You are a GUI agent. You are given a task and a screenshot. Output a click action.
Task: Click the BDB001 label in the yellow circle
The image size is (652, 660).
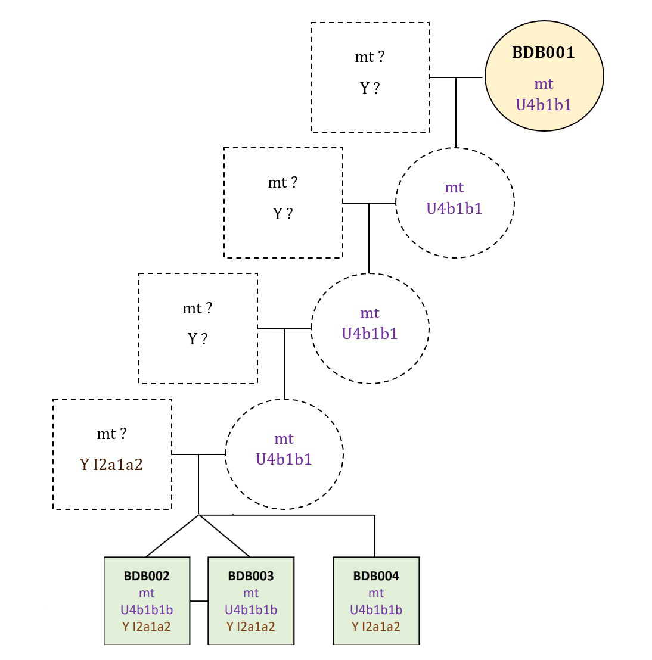[x=544, y=52]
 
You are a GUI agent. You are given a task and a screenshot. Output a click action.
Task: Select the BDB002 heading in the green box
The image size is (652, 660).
[x=147, y=576]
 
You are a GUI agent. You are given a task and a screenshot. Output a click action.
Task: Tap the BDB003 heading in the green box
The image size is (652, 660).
[x=251, y=576]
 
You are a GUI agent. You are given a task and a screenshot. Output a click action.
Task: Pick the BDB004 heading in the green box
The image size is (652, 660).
[x=376, y=576]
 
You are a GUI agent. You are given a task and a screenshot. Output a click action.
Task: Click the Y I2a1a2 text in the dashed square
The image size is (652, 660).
[x=111, y=465]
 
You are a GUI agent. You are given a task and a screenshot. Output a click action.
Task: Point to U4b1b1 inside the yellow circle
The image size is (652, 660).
[x=544, y=105]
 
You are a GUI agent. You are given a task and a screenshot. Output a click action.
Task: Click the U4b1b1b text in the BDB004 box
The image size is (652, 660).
[x=376, y=610]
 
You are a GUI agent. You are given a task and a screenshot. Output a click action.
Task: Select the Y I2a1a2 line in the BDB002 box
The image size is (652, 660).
[x=147, y=627]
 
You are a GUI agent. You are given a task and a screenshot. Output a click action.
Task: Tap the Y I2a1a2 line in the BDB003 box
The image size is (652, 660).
[x=251, y=627]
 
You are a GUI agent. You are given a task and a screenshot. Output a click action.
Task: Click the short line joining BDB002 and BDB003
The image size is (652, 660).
[x=198, y=602]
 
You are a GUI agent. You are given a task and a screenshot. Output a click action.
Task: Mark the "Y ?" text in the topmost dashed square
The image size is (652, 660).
[x=370, y=88]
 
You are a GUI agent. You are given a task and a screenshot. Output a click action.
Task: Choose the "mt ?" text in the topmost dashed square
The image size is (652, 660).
[x=370, y=57]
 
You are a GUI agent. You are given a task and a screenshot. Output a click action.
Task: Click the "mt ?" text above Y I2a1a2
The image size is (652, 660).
[x=111, y=434]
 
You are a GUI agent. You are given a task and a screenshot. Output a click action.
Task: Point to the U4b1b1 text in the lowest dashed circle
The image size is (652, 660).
[x=284, y=459]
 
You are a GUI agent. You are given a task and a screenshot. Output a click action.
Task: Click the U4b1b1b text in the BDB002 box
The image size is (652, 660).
[x=147, y=610]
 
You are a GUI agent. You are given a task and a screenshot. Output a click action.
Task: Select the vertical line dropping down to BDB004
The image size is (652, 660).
[x=375, y=536]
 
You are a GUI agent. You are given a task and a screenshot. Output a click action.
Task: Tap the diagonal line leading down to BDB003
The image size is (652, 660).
[x=225, y=536]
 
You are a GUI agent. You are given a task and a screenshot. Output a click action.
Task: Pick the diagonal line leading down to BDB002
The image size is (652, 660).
[x=172, y=536]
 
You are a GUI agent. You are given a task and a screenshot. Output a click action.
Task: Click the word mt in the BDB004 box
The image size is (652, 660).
[x=376, y=593]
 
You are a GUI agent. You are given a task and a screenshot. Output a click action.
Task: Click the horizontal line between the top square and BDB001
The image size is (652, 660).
[x=456, y=77]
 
